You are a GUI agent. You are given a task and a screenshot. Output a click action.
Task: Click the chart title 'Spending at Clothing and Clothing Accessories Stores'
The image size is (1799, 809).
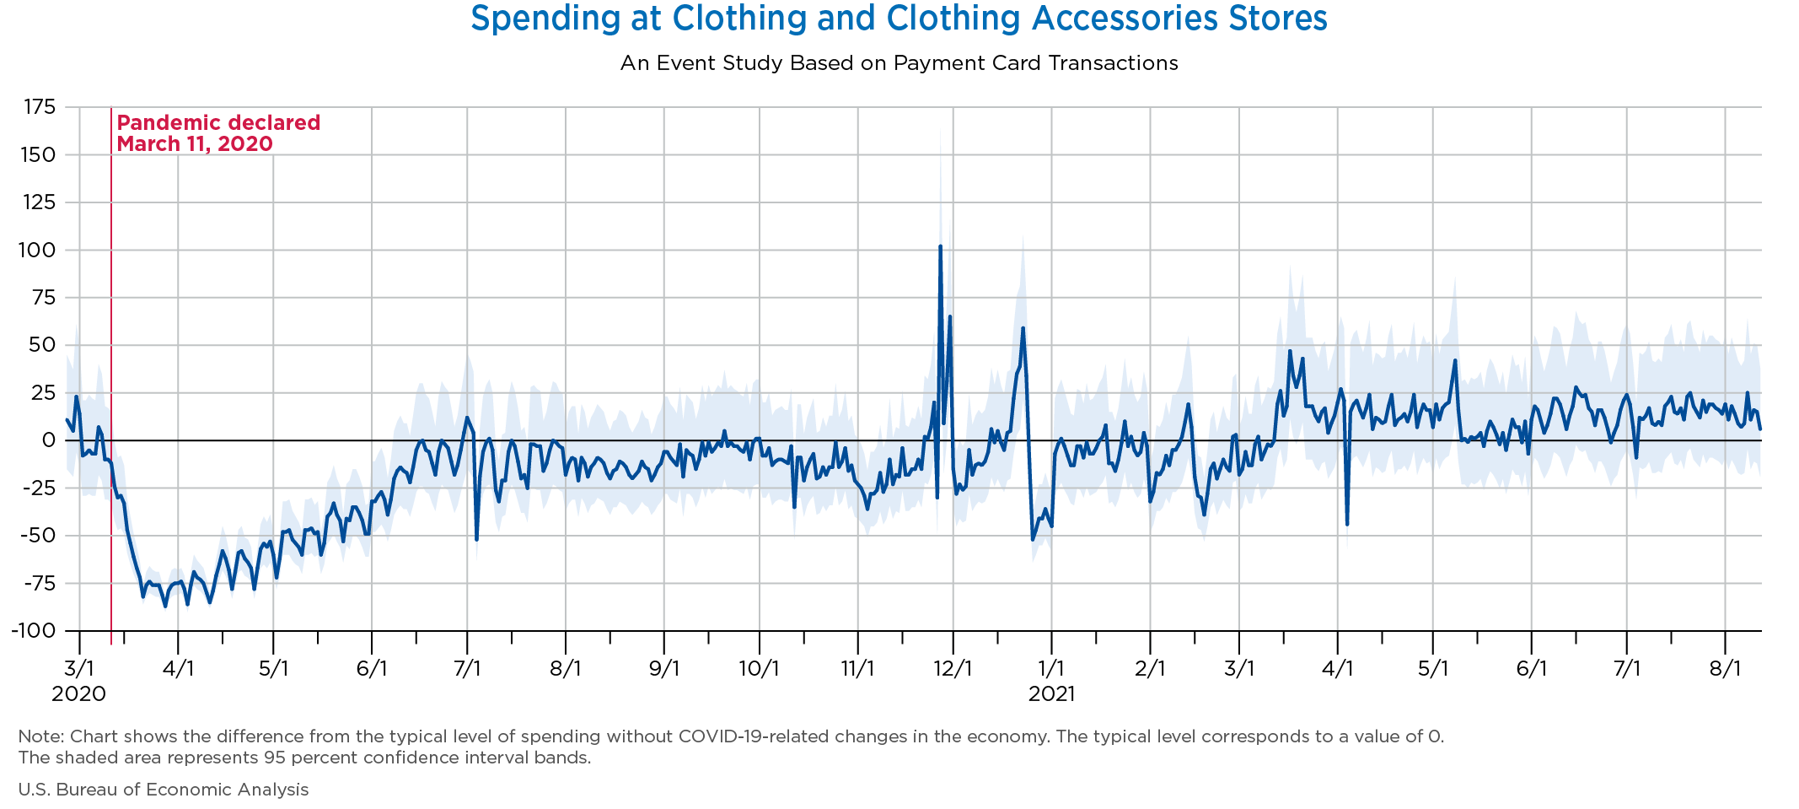coord(899,19)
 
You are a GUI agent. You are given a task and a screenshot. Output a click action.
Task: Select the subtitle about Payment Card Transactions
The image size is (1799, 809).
coord(899,63)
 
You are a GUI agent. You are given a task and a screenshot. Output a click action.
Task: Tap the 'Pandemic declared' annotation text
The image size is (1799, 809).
coord(218,123)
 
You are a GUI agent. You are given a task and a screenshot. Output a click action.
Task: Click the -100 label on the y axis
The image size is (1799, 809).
coord(34,631)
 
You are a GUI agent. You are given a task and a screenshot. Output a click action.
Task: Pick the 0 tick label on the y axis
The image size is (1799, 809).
coord(49,440)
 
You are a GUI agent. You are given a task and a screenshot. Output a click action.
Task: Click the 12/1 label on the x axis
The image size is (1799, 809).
coord(953,669)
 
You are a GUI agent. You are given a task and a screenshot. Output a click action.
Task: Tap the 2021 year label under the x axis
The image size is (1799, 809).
coord(1051,694)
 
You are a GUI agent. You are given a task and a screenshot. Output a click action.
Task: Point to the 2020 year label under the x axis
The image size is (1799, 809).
coord(79,694)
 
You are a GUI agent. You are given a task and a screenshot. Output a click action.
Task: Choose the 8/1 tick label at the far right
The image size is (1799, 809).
coord(1725,669)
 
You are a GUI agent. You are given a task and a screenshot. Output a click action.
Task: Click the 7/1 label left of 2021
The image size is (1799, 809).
coord(467,669)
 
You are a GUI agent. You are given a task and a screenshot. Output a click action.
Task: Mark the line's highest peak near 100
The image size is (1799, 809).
coord(940,246)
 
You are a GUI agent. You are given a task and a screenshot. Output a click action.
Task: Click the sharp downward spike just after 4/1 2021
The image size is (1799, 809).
coord(1347,524)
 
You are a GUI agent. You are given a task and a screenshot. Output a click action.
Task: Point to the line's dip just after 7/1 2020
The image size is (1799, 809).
coord(476,539)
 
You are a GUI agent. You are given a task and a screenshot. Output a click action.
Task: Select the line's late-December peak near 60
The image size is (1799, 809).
coord(1023,328)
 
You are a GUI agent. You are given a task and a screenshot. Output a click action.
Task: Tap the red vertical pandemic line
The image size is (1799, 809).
coord(111,380)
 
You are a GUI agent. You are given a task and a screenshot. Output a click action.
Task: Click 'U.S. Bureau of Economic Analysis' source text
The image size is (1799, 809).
coord(164,790)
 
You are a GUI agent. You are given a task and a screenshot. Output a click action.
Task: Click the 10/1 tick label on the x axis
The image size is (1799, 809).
coord(760,669)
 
